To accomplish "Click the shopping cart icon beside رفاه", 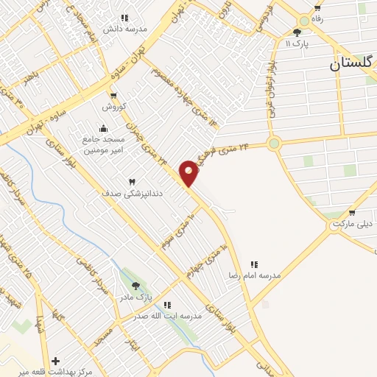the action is click(317, 8).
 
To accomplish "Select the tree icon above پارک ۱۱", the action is click(297, 32).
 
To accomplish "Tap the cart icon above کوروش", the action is click(113, 95).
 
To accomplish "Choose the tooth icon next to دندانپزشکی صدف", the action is click(133, 181).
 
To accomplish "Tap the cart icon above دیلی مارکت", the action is click(352, 213).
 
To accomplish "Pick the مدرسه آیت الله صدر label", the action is click(167, 316).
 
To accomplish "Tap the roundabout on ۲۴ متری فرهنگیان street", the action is click(275, 143).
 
